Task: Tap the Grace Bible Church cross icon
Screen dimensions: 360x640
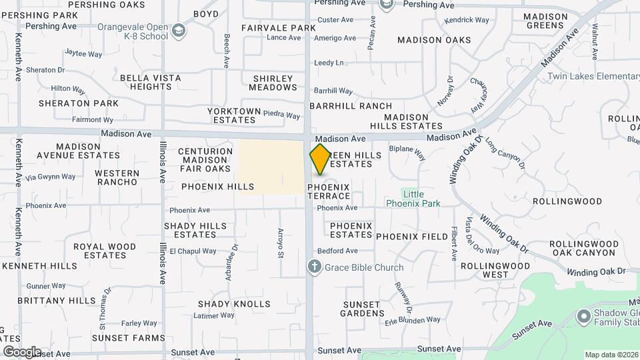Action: coord(315,267)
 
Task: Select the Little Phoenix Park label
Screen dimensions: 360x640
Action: coord(413,199)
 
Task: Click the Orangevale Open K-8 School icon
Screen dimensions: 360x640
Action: coord(179,30)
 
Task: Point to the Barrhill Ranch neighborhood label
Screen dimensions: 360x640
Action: coord(351,106)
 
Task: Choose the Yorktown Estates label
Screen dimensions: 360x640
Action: coord(231,115)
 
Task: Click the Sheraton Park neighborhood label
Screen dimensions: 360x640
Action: coord(79,103)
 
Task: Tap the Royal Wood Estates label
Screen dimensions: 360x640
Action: coord(105,251)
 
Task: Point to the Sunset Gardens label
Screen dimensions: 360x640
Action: coord(363,309)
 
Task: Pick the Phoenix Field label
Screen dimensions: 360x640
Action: coord(411,237)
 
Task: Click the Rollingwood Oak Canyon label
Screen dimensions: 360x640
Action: coord(584,248)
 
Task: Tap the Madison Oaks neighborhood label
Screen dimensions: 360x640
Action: coord(434,40)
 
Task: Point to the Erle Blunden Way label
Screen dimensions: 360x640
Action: coord(413,320)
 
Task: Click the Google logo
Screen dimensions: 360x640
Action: coord(22,351)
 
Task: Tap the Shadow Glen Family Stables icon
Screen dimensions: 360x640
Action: coord(583,315)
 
